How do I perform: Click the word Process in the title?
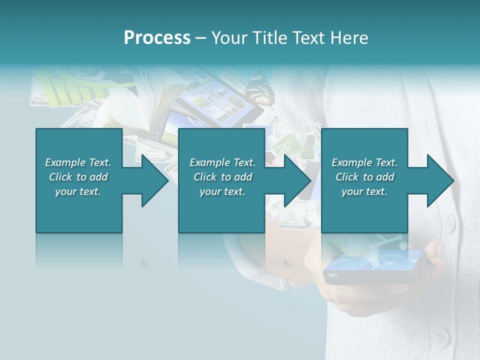tap(157, 38)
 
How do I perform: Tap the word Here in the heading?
tap(348, 38)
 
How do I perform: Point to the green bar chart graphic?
tap(70, 90)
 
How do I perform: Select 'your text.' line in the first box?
tap(78, 191)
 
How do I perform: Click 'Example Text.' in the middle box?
tap(222, 162)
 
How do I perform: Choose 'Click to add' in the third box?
tap(364, 177)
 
